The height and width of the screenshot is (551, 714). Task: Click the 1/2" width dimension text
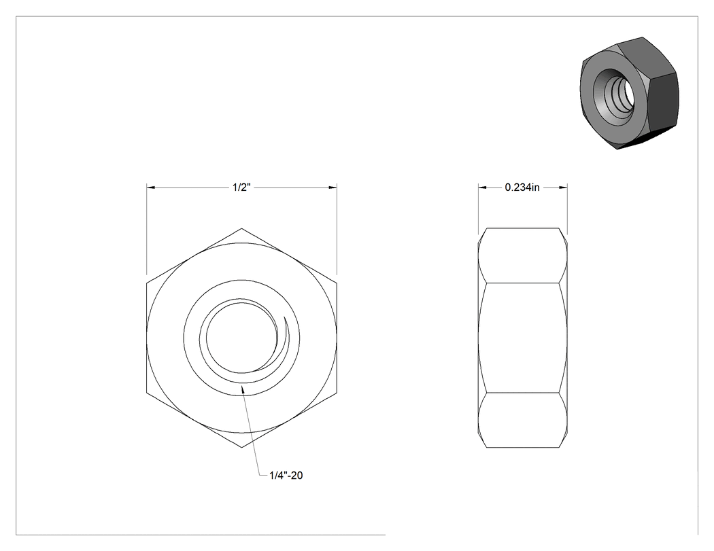coord(242,188)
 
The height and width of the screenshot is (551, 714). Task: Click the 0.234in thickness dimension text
coord(522,188)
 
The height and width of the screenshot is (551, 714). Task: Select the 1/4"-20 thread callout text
coord(286,476)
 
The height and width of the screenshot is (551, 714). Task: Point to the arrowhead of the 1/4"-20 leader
coord(243,388)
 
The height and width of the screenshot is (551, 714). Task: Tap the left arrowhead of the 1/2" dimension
coord(151,188)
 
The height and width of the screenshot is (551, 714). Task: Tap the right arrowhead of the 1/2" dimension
coord(333,188)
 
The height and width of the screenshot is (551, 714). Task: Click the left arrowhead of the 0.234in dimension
coord(482,188)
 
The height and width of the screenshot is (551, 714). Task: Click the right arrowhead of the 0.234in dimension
coord(563,188)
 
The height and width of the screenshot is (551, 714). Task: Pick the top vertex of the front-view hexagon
coord(242,228)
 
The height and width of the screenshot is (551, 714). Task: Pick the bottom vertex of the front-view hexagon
coord(242,447)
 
